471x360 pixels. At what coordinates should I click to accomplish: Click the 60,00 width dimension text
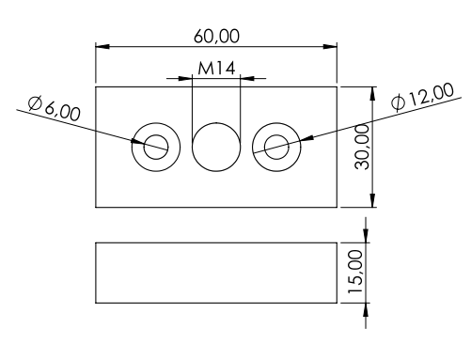point(216,36)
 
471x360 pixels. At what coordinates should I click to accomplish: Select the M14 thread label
point(216,69)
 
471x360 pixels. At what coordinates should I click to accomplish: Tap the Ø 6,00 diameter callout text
point(54,109)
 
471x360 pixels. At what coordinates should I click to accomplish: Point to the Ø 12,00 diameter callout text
point(423,97)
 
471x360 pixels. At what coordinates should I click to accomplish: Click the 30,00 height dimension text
point(363,147)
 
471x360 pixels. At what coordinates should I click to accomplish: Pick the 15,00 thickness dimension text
point(356,272)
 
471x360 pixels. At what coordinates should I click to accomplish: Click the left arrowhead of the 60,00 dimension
point(102,47)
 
